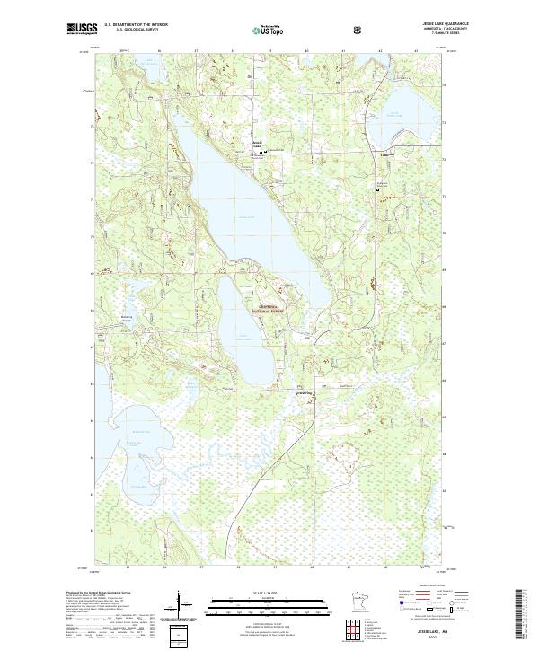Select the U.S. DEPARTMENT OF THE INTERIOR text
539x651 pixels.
(137, 26)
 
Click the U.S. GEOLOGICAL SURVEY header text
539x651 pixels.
(137, 31)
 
